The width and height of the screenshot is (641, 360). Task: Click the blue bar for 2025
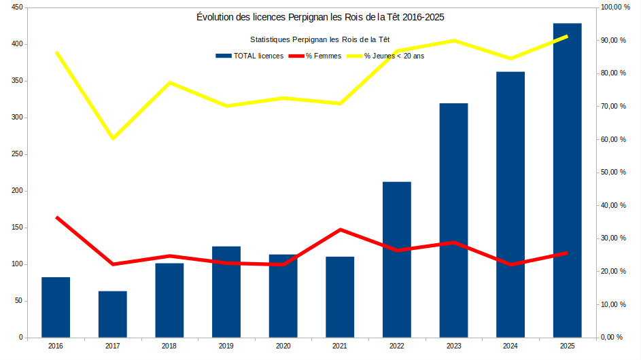click(x=567, y=180)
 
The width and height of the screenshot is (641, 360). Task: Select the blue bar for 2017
click(x=113, y=314)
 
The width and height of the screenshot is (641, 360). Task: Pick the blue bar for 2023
click(x=453, y=220)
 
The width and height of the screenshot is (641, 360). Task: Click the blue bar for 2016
click(x=56, y=307)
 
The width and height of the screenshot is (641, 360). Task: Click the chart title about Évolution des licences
click(x=320, y=16)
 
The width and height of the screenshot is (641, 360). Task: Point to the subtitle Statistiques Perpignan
click(x=320, y=40)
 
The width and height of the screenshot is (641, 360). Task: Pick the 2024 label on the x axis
click(x=510, y=346)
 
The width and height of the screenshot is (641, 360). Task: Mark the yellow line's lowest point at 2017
click(x=113, y=138)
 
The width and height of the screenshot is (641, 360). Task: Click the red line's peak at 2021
click(x=340, y=230)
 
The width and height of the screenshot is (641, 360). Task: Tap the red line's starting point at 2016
click(x=56, y=217)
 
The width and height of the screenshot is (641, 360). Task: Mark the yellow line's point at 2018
click(x=170, y=83)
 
